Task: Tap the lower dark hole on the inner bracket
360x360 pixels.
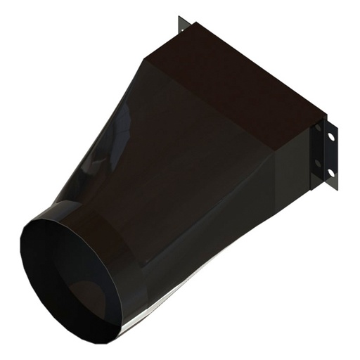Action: click(319, 164)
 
